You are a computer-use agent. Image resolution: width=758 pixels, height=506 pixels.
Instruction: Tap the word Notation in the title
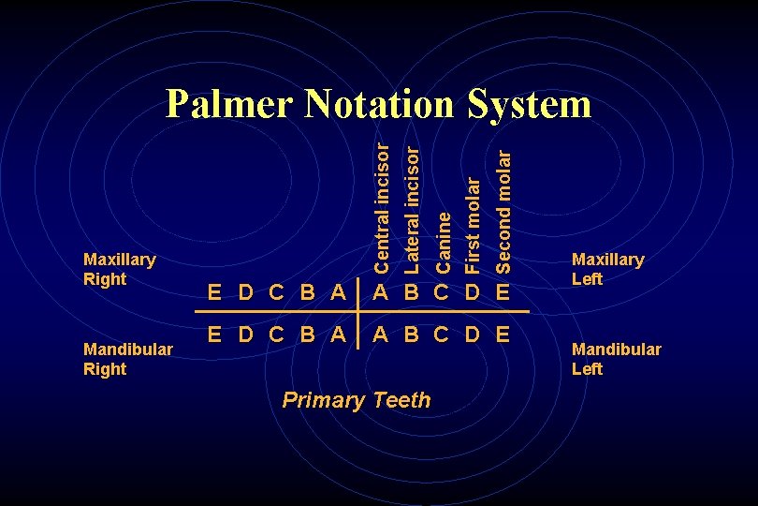(x=379, y=104)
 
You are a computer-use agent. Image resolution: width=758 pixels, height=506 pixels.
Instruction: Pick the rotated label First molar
(x=473, y=218)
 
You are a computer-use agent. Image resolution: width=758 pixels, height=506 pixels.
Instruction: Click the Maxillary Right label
(x=119, y=269)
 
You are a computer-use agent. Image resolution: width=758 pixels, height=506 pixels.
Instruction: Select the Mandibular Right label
(x=127, y=359)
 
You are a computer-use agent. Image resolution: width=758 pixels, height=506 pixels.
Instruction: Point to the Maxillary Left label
(x=607, y=269)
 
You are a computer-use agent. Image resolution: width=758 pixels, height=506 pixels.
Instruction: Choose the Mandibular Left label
(x=616, y=359)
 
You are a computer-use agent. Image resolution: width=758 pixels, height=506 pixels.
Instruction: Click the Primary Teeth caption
(x=357, y=401)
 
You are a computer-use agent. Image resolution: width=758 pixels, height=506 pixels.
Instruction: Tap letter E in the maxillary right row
(x=214, y=291)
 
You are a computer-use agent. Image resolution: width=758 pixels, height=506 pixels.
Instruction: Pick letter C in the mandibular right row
(x=276, y=335)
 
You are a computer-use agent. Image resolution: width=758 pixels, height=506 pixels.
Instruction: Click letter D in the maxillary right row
(x=245, y=291)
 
